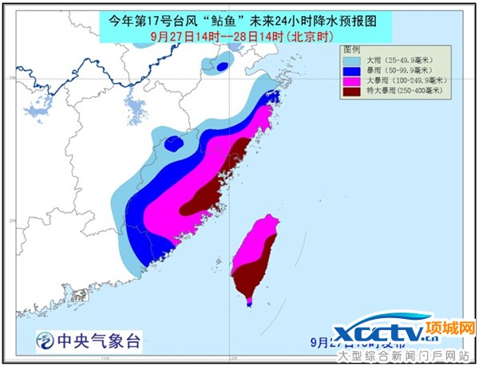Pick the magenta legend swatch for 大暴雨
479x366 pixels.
coord(350,80)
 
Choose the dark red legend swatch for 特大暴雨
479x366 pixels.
coord(350,90)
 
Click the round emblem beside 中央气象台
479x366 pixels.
coord(45,340)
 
